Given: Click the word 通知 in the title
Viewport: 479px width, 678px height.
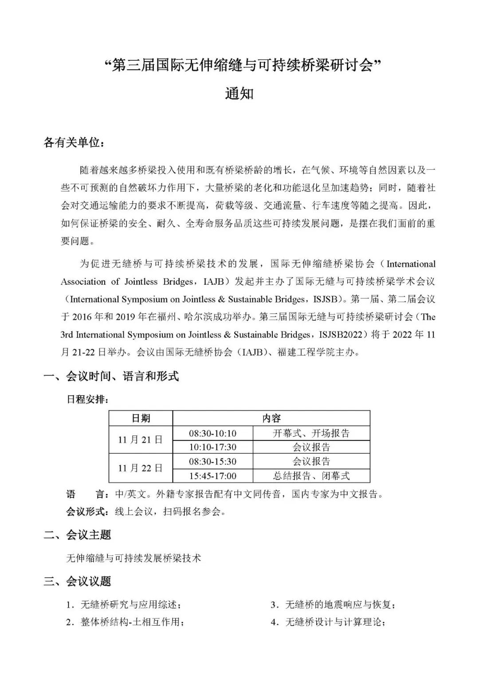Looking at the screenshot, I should coord(239,94).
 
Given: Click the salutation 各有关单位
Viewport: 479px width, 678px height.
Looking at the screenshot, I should coord(74,143).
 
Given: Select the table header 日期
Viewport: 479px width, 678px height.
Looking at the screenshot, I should coord(141,418).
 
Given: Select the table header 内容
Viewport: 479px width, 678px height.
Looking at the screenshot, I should coord(271,418).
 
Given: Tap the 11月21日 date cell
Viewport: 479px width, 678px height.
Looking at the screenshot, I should coord(141,440).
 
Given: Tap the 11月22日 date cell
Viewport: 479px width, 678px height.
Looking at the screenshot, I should coord(141,468).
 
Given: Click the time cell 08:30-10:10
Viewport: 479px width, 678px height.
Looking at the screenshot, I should coord(212,433).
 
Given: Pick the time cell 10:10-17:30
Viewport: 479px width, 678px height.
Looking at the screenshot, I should coord(212,447).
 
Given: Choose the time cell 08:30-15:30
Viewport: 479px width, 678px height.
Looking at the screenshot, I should coord(212,461).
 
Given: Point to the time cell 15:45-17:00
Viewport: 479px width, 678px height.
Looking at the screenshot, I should coord(212,476).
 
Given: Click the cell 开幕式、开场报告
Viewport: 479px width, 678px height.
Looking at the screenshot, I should coord(311,433).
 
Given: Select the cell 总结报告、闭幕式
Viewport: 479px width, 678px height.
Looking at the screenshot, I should coord(311,476).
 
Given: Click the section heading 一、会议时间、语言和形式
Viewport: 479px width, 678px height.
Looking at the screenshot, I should coord(111,377).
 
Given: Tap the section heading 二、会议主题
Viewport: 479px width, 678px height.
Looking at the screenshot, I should coord(77,535).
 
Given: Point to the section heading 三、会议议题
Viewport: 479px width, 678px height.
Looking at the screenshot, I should coord(77,581).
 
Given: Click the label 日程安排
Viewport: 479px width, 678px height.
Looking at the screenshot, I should coord(87,399).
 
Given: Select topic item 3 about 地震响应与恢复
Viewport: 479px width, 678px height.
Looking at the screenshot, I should coord(333,604).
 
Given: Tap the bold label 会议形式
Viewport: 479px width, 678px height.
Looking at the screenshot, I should coord(86,511).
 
